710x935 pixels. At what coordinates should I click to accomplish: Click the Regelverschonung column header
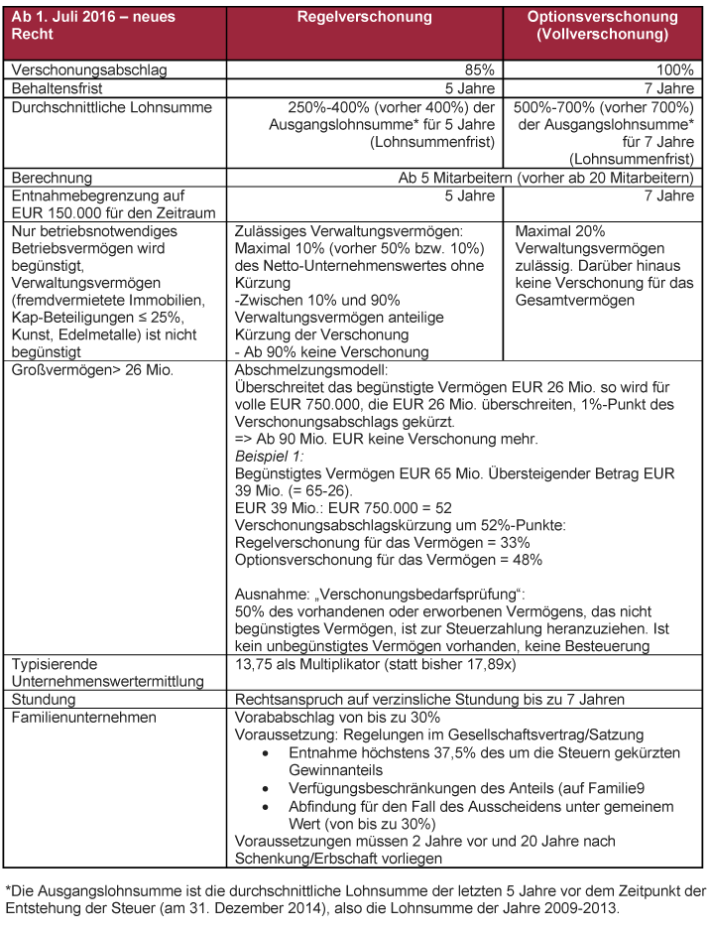pos(364,17)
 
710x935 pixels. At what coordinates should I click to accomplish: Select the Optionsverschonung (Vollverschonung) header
pos(602,26)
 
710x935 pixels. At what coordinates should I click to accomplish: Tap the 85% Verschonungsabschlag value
pos(478,70)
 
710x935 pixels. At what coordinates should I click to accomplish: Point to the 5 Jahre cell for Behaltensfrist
pos(469,88)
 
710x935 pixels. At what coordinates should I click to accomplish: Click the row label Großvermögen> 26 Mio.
pos(91,370)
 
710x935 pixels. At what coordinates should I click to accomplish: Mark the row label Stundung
pos(45,699)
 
